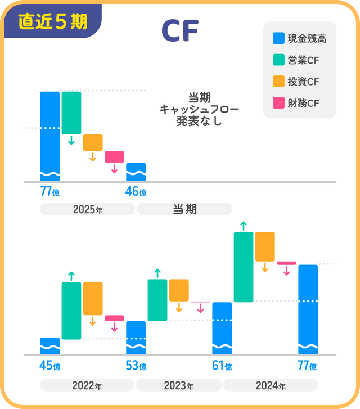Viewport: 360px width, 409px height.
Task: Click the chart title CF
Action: [179, 32]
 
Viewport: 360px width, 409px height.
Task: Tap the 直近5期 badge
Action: [52, 21]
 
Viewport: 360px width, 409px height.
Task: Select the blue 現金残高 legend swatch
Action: [278, 39]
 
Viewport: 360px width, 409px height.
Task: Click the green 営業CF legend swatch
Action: [278, 60]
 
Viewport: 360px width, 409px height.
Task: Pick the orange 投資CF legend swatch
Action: [278, 82]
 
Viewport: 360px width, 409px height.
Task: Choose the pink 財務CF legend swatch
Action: [278, 103]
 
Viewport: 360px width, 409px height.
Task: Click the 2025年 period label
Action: [87, 209]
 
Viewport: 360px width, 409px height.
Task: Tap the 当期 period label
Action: [184, 209]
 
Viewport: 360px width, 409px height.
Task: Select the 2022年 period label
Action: [87, 386]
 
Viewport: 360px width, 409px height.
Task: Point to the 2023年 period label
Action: [179, 386]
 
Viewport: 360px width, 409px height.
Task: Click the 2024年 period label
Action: [271, 386]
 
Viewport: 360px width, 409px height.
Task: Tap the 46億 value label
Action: [136, 192]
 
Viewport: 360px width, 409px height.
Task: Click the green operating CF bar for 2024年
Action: [244, 267]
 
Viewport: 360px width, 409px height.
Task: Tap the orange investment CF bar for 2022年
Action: [93, 298]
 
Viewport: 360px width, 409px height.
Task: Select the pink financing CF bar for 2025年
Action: [114, 156]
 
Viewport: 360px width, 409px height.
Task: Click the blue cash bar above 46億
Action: [136, 172]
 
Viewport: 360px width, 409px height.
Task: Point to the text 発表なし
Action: [199, 120]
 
